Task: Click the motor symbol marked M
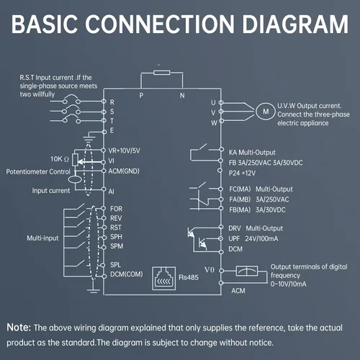coord(266,112)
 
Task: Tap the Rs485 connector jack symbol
coord(163,279)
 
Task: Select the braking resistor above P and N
coord(162,73)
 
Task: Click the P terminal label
coord(141,96)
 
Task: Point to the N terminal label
coord(182,96)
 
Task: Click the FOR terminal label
coord(116,209)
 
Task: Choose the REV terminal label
coord(116,218)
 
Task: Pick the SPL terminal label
coord(115,265)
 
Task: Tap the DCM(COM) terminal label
coord(127,274)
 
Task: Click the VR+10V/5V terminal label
coord(124,150)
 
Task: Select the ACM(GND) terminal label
coord(124,171)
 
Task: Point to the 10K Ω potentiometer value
coord(60,159)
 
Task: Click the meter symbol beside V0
coord(247,271)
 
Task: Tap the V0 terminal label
coord(210,270)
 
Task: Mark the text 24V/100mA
coord(261,239)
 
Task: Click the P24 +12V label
coord(242,173)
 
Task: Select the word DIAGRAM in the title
coord(295,24)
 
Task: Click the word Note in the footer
coord(18,327)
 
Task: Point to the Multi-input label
coord(42,238)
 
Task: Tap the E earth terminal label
coord(112,130)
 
